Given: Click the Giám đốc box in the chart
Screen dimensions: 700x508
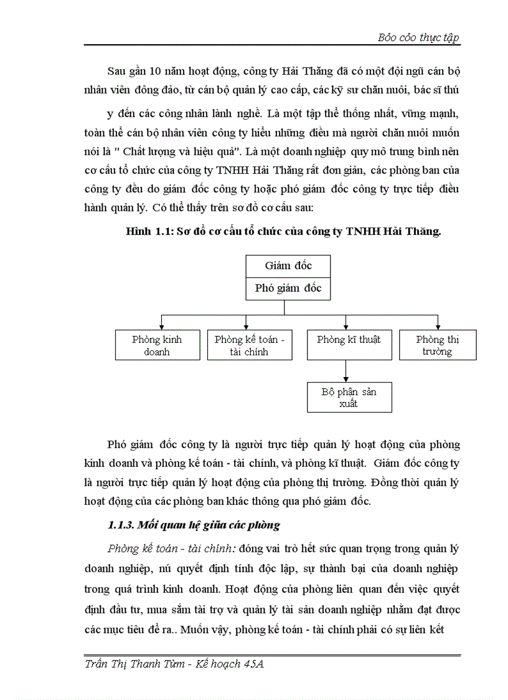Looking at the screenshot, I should coord(288,266).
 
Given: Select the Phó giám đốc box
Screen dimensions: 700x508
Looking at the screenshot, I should coord(288,288).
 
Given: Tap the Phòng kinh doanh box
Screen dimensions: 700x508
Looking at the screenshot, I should coord(157,345).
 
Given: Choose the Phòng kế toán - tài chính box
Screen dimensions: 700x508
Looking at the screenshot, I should coord(249,345).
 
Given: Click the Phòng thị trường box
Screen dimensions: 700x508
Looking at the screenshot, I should coord(438,345).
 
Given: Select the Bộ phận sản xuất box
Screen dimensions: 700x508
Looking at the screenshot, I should coord(349,398).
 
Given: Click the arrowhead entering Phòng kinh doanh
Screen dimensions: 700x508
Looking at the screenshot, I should coord(162,326).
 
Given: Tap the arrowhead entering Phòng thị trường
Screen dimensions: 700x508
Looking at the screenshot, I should coord(438,326).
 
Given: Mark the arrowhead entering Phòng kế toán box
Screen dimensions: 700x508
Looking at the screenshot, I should coord(247,326).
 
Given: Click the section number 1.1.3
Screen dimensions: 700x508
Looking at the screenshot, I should coord(123,525).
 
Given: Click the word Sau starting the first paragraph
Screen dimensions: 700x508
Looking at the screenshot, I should coord(116,70).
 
